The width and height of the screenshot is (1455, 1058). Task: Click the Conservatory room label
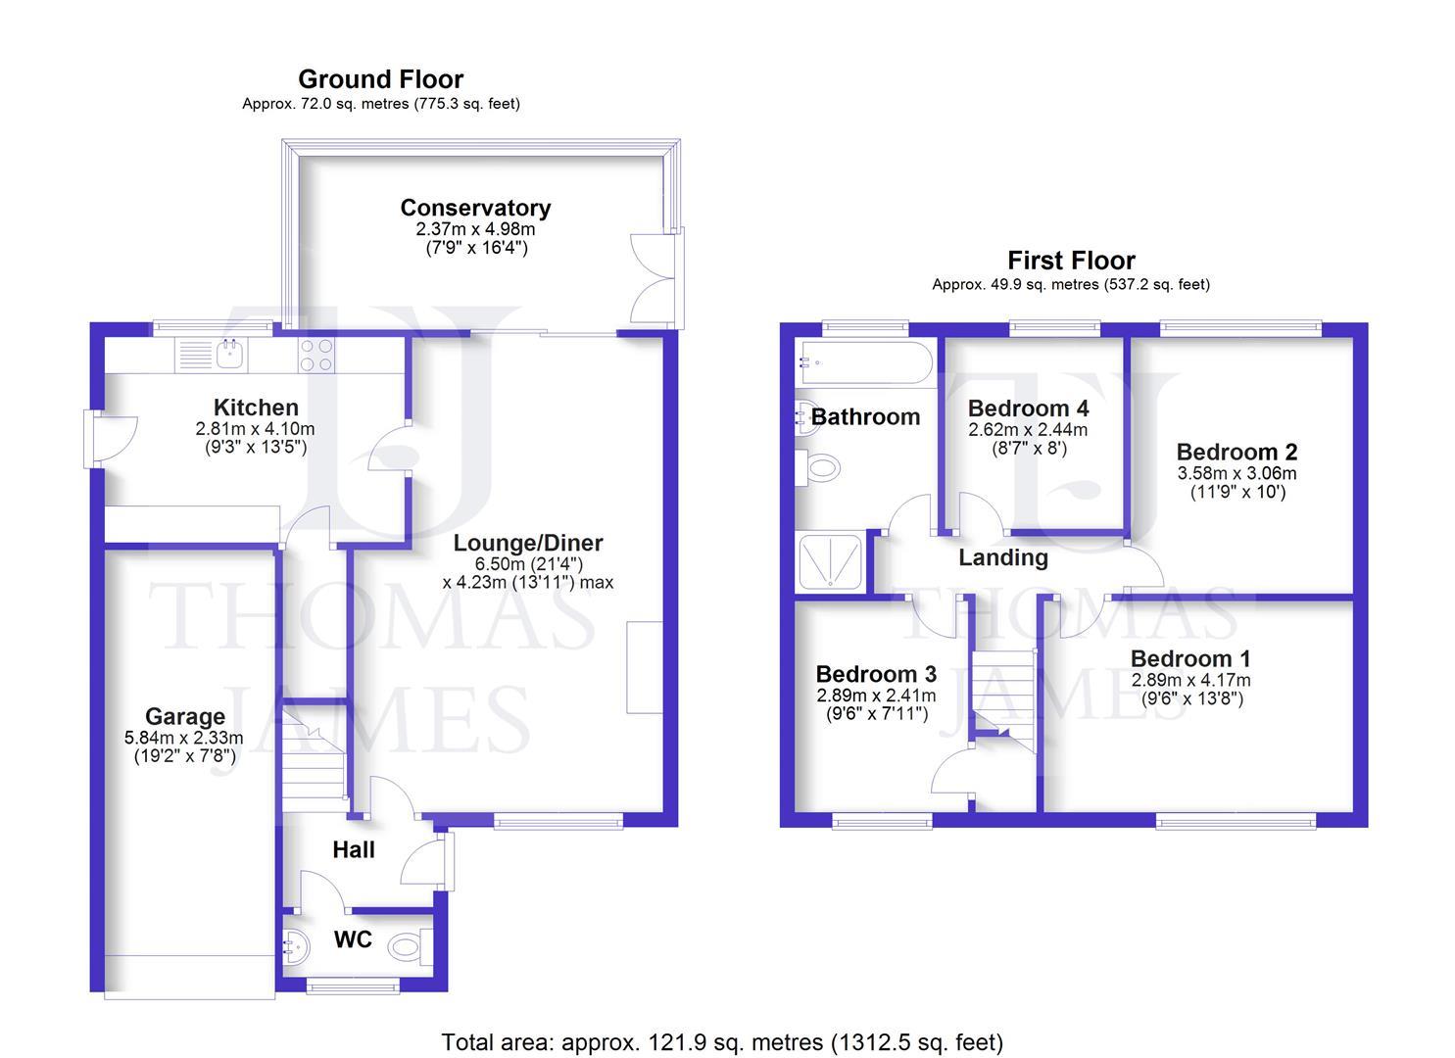(475, 208)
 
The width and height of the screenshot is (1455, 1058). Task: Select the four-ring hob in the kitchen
(315, 355)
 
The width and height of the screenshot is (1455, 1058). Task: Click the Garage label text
(184, 716)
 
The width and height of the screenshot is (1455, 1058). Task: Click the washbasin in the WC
(293, 947)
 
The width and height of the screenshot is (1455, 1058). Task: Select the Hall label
(353, 849)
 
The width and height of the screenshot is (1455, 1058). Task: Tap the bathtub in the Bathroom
(863, 362)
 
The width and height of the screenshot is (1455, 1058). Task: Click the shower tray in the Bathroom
(830, 562)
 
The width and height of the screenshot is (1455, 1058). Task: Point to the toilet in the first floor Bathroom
(819, 468)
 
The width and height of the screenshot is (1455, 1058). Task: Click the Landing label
(1002, 557)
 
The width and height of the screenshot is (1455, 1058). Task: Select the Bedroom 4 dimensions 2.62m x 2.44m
(1028, 429)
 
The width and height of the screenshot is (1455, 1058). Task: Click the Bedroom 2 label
(1237, 452)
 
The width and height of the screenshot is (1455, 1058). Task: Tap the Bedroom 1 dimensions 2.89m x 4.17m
(1190, 680)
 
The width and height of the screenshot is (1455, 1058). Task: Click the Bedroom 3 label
(876, 674)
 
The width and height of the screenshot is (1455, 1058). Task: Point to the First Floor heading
(1071, 261)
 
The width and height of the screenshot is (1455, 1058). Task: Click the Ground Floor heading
(380, 79)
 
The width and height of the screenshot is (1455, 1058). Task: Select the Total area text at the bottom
(722, 1042)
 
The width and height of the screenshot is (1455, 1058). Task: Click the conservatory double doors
(655, 278)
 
